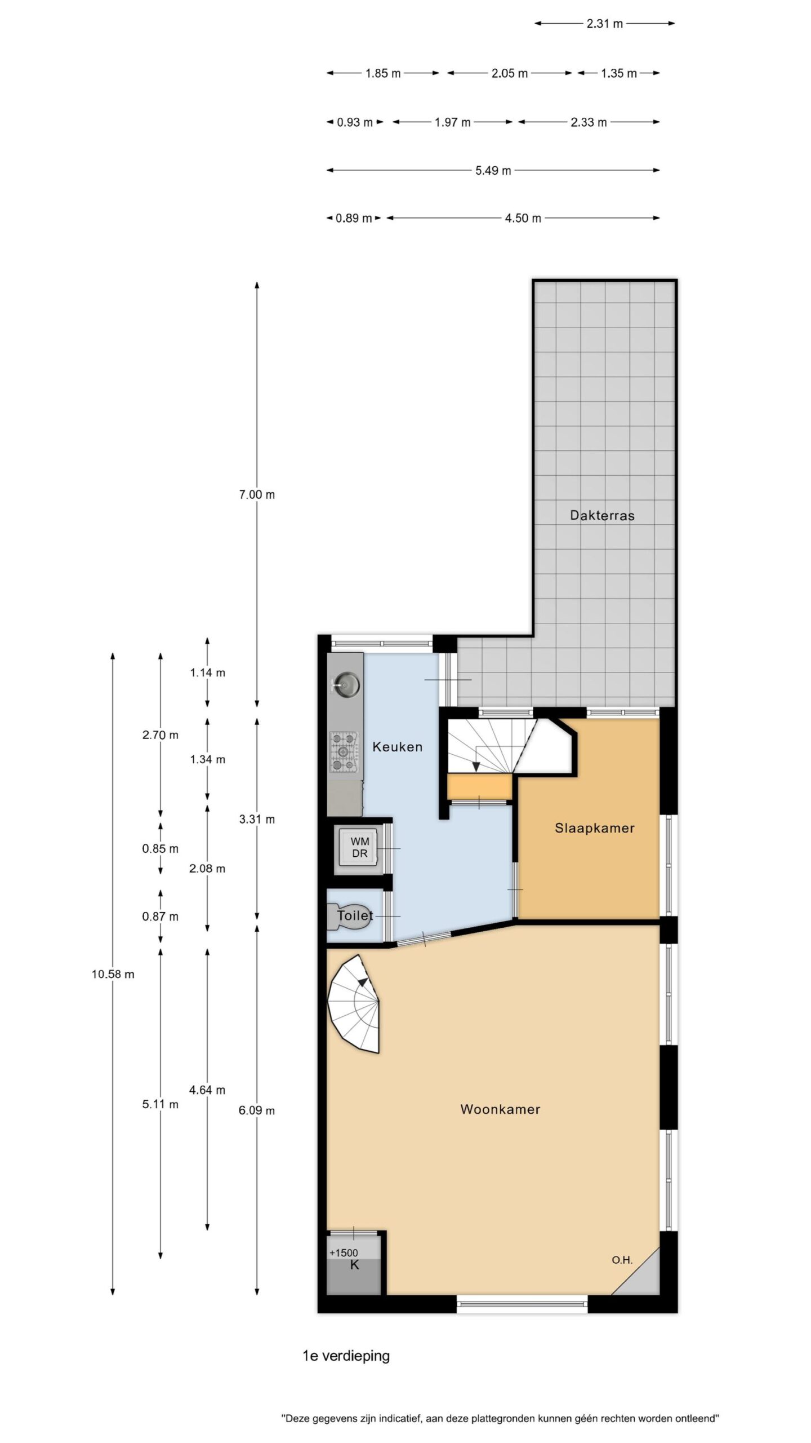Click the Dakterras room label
(x=602, y=515)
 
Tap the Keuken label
(x=397, y=747)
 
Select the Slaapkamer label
(x=594, y=828)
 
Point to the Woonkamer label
(x=500, y=1109)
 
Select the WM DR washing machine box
(x=359, y=848)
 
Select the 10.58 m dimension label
(x=113, y=973)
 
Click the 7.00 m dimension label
(x=257, y=494)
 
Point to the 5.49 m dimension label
(x=493, y=170)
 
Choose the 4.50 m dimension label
(x=523, y=218)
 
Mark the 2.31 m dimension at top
(x=605, y=24)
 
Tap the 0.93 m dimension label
(x=355, y=122)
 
